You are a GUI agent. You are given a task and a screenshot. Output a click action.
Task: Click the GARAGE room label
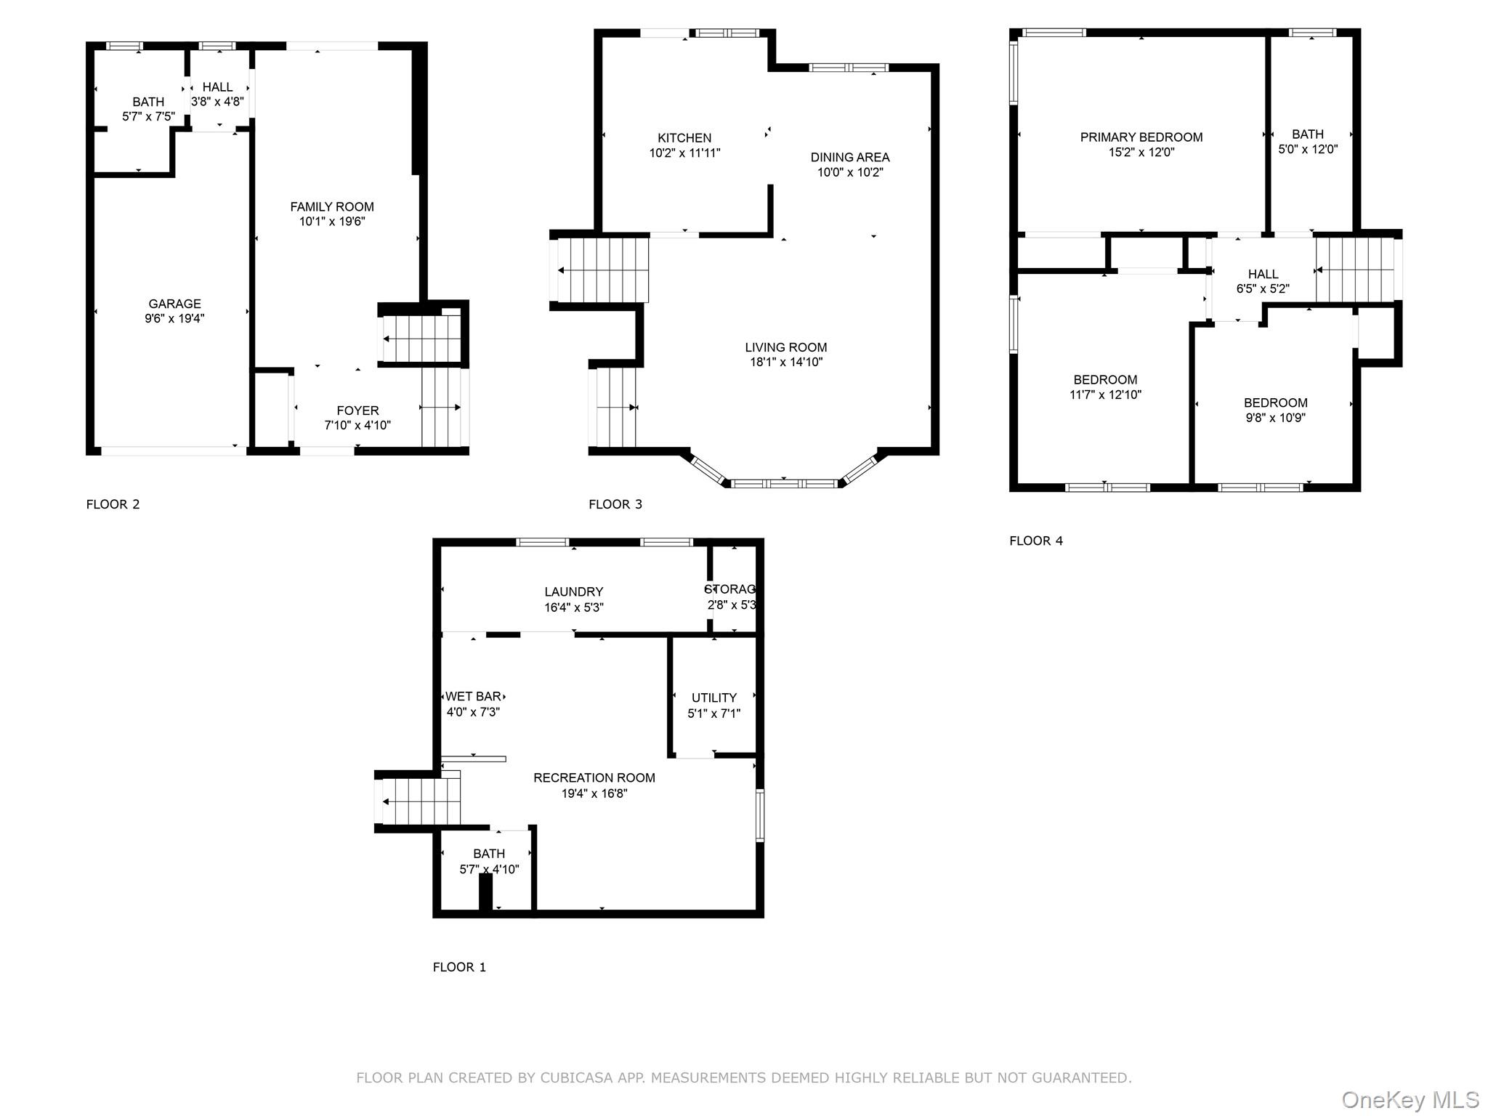[x=174, y=304]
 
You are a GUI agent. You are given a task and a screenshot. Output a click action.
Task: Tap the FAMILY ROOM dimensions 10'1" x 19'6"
[x=332, y=222]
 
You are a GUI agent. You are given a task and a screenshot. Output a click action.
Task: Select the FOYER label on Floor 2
[x=357, y=411]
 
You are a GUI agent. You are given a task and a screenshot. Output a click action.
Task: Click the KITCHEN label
[x=684, y=138]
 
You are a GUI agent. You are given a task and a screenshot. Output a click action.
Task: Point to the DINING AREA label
[x=849, y=157]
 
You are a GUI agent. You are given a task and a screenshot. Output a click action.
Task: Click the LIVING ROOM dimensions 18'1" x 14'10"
[x=785, y=362]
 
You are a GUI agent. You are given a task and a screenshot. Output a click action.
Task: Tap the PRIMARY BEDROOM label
[x=1141, y=137]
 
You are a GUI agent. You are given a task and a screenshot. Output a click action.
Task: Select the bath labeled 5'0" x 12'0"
[x=1307, y=142]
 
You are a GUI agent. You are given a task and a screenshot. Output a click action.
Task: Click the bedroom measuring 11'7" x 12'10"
[x=1105, y=387]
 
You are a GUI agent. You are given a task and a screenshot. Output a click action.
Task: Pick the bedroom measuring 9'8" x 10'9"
[x=1275, y=410]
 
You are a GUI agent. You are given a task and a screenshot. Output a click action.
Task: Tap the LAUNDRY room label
[x=574, y=592]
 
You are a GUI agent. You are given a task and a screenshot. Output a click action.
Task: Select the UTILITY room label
[x=713, y=697]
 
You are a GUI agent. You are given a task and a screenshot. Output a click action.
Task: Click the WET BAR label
[x=474, y=697]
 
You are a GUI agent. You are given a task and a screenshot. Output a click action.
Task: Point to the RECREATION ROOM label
[x=594, y=777]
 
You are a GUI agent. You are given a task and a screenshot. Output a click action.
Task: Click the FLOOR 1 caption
[x=459, y=967]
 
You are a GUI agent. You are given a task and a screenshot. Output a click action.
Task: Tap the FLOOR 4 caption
[x=1035, y=541]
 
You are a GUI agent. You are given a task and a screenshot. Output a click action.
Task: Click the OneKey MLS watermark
[x=1410, y=1100]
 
